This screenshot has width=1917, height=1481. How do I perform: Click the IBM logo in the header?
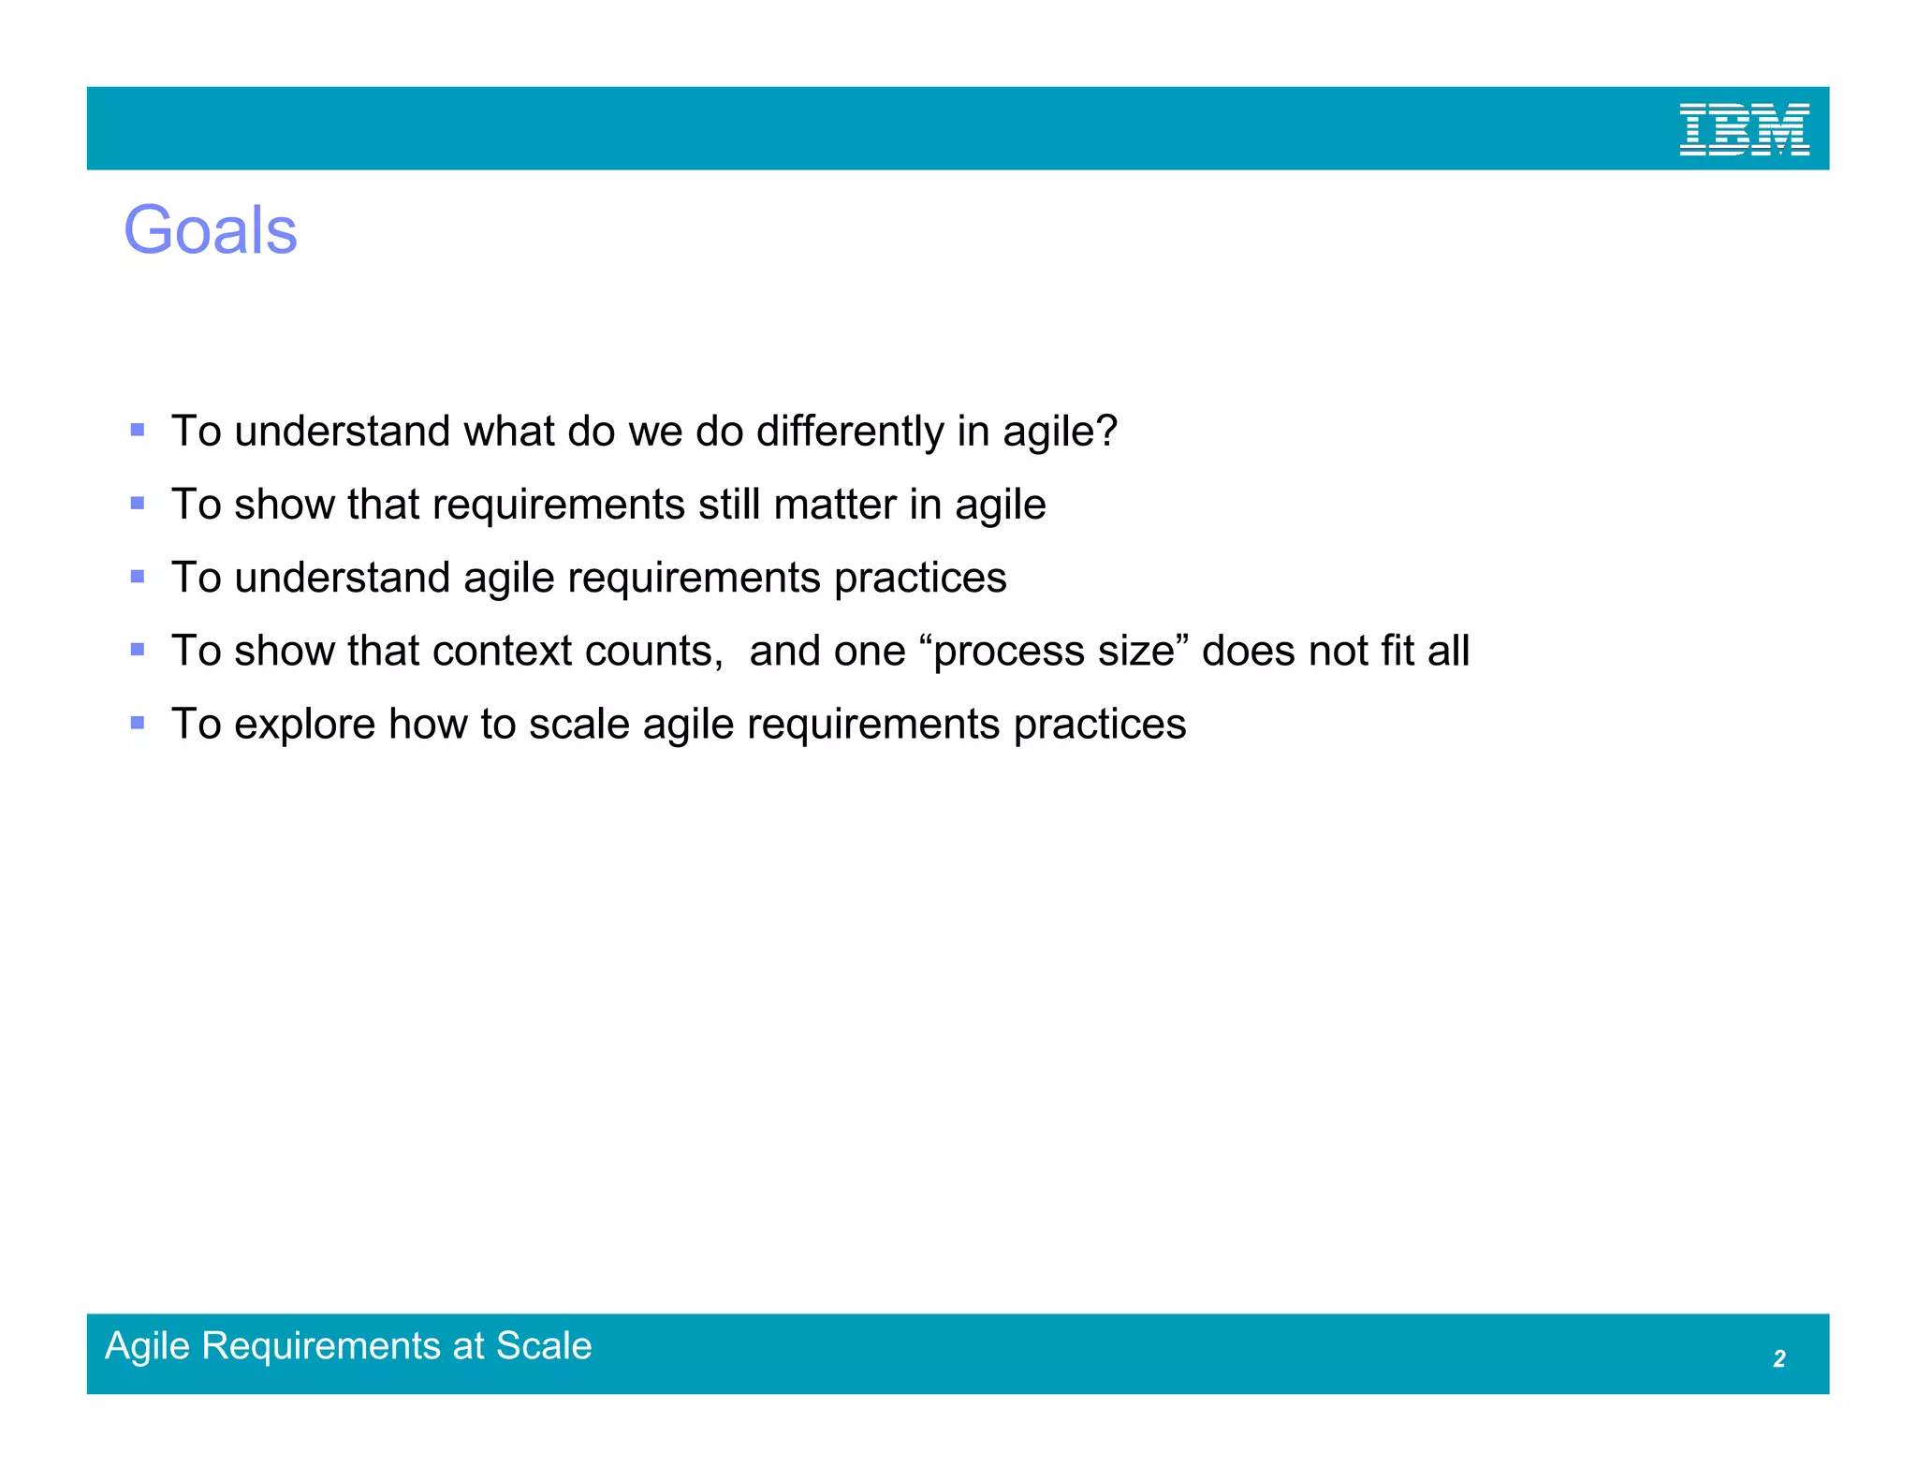pos(1744,129)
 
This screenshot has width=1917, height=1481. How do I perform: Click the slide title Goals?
pos(211,230)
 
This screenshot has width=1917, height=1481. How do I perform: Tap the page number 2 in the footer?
pos(1778,1358)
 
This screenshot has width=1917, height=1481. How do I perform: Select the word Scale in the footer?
pos(544,1346)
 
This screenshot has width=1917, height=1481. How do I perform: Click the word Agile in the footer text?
pos(148,1347)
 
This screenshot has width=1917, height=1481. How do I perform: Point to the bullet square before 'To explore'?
pos(138,723)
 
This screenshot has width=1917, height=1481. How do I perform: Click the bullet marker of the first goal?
pos(138,431)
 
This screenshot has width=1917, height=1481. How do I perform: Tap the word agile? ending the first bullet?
pos(1061,433)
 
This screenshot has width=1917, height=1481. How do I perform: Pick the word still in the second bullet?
pos(729,506)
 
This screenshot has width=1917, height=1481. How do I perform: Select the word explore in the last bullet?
pos(304,725)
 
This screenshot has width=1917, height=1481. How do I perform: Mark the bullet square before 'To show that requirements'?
pos(138,504)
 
